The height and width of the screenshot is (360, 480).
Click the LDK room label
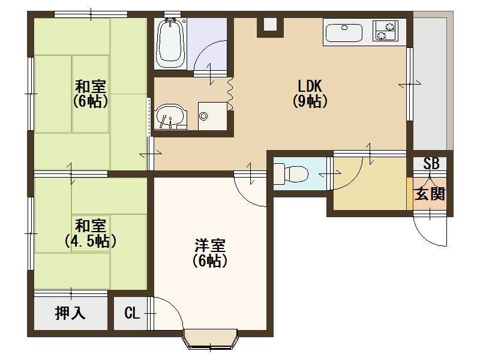tap(310, 94)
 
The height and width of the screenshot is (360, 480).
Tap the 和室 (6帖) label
tap(91, 94)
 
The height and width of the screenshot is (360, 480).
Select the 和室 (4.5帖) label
tap(91, 233)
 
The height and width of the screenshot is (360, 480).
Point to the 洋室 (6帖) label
tap(210, 253)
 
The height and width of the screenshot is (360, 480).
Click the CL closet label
tap(132, 313)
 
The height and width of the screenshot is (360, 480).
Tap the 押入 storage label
tap(70, 313)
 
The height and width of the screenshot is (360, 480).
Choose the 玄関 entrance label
tap(430, 193)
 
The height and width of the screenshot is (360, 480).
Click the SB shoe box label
tap(431, 163)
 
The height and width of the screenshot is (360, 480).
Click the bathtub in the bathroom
tap(170, 43)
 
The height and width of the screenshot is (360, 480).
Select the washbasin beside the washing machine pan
tap(170, 117)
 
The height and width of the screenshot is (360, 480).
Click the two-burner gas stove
tap(385, 31)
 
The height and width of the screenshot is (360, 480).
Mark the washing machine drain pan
tap(212, 116)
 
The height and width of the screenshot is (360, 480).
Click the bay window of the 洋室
tap(210, 338)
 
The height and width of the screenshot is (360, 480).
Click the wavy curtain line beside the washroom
tap(230, 94)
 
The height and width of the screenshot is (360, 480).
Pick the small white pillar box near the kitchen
tap(270, 25)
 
